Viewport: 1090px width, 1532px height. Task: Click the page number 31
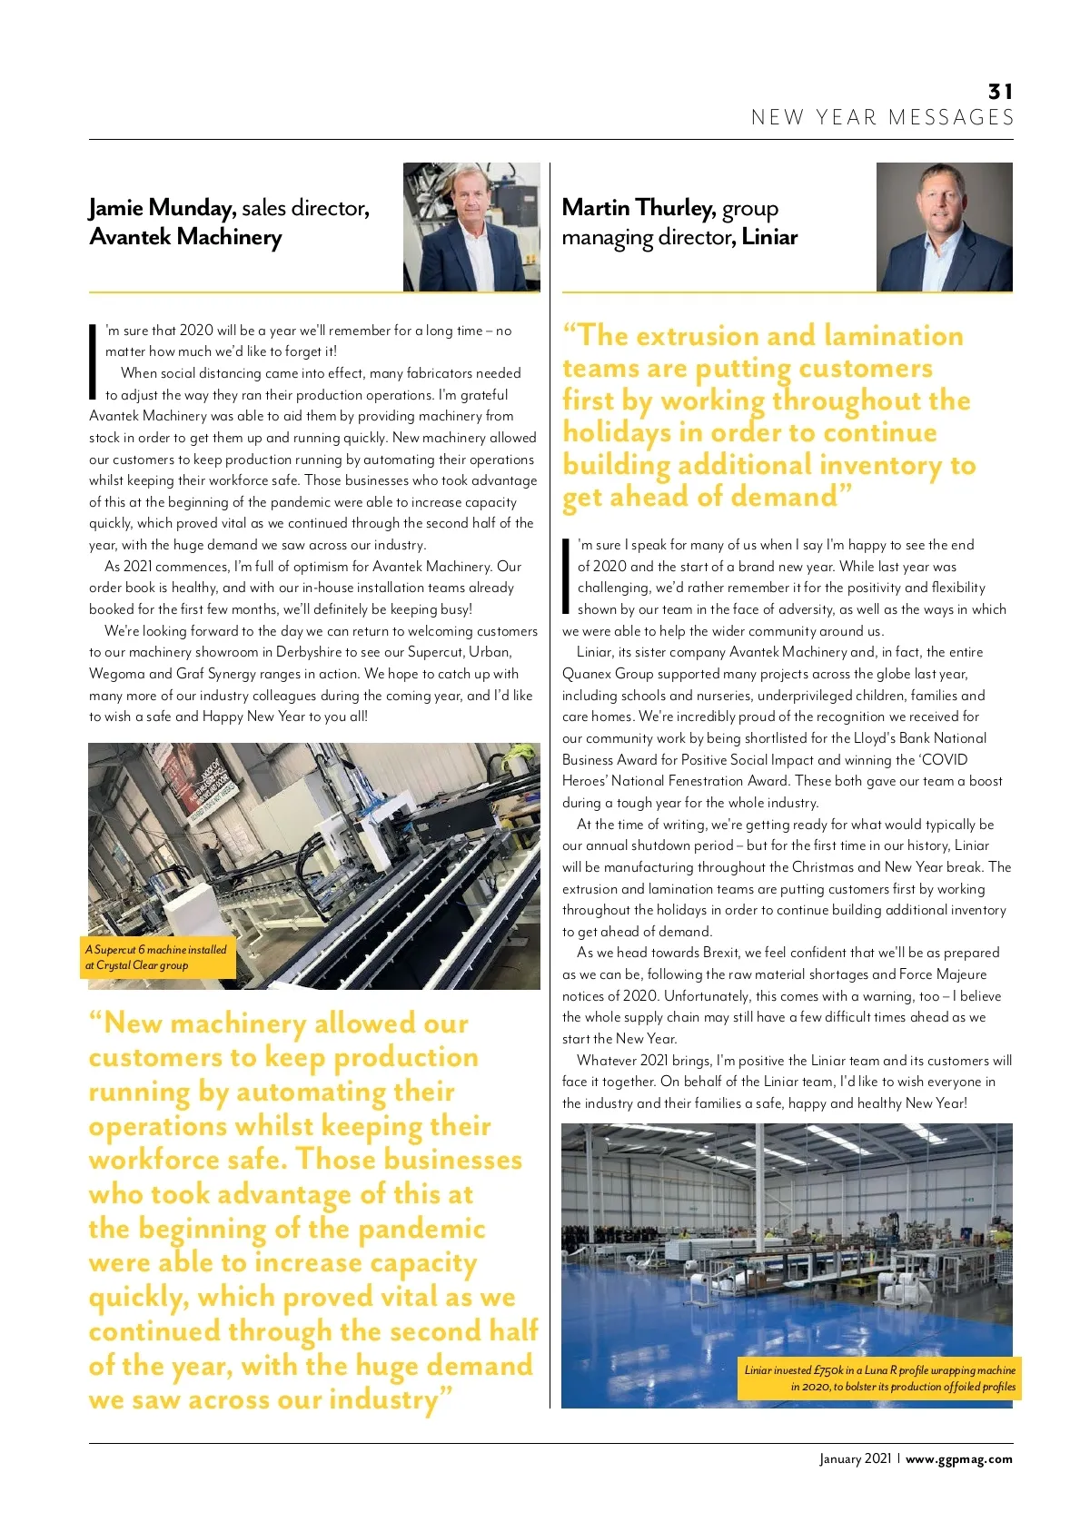pyautogui.click(x=1000, y=92)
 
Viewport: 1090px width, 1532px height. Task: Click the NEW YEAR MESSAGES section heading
pyautogui.click(x=882, y=118)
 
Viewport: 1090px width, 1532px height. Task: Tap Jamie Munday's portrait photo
pyautogui.click(x=471, y=227)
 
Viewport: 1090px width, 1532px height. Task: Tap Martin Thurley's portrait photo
pyautogui.click(x=944, y=227)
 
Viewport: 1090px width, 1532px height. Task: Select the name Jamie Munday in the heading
pyautogui.click(x=160, y=208)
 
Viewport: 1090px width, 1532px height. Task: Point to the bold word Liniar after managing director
pyautogui.click(x=769, y=237)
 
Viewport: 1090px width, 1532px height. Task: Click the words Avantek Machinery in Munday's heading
pyautogui.click(x=185, y=237)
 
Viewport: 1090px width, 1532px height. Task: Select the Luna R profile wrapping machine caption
pyautogui.click(x=880, y=1378)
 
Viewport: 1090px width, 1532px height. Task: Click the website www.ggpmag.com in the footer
pyautogui.click(x=958, y=1459)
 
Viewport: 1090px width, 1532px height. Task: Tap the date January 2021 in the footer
pyautogui.click(x=855, y=1459)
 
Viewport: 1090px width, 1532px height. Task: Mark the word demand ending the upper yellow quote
pyautogui.click(x=784, y=497)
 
